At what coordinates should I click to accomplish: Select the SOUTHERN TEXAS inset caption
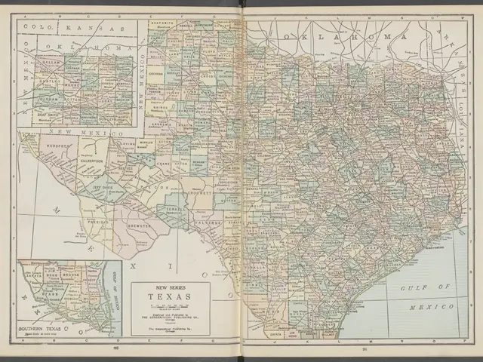[42, 330]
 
